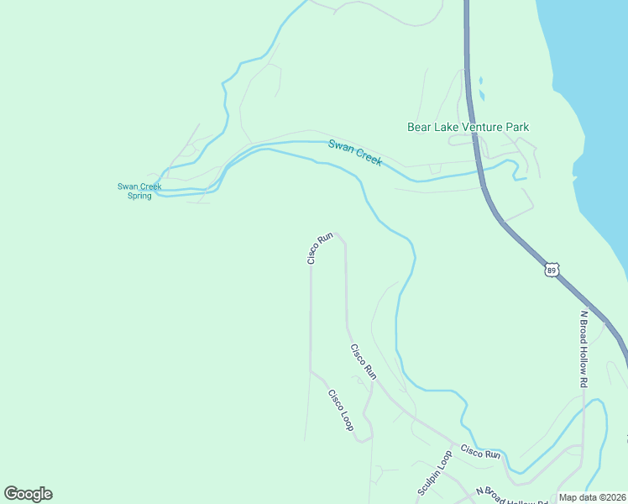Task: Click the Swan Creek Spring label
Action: [x=139, y=191]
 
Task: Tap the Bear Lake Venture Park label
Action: [x=468, y=127]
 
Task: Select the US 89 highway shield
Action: [x=551, y=269]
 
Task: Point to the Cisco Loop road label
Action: [x=341, y=410]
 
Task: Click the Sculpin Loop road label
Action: [x=434, y=472]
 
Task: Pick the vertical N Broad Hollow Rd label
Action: [x=584, y=349]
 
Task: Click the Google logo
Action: [x=28, y=494]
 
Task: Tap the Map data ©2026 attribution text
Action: [x=593, y=497]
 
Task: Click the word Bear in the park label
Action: [x=419, y=127]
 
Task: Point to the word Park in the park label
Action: [x=517, y=127]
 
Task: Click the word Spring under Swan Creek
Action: [x=139, y=196]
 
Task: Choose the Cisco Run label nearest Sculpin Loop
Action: [x=480, y=454]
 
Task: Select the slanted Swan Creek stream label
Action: [x=354, y=152]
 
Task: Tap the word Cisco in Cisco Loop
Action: [x=335, y=400]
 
